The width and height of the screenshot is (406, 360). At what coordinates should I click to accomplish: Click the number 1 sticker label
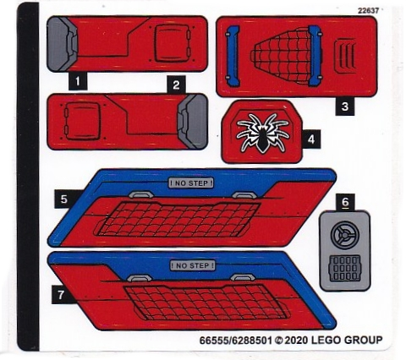(78, 81)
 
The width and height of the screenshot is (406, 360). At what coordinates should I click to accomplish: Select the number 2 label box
(176, 85)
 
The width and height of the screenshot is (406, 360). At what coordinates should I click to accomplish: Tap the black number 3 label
(345, 106)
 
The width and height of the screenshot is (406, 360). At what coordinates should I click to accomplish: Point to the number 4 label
(311, 139)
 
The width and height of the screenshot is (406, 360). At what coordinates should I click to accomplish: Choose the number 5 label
(64, 199)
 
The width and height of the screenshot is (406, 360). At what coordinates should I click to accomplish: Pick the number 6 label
(345, 202)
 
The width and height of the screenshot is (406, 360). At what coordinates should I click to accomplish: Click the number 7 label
(61, 294)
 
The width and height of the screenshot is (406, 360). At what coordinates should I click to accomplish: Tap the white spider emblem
(263, 133)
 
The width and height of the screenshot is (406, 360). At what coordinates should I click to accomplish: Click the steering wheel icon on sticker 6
(345, 235)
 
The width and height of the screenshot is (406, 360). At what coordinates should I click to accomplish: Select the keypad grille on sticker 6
(345, 269)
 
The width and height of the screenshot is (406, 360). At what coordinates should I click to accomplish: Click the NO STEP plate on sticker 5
(191, 183)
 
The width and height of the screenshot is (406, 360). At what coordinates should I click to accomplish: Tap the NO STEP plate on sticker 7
(193, 265)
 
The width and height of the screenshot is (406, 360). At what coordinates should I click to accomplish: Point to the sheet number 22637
(368, 11)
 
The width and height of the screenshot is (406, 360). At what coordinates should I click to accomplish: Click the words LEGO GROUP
(347, 340)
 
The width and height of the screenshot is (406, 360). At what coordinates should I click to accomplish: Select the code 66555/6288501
(236, 341)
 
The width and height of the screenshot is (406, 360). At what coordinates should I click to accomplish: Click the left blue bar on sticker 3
(233, 56)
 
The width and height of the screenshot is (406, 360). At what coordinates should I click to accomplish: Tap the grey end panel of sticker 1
(62, 44)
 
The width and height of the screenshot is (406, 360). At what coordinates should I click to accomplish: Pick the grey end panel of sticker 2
(193, 121)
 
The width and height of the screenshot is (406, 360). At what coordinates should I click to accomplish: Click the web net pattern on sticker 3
(281, 55)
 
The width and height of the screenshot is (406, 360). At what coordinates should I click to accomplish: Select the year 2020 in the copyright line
(296, 341)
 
